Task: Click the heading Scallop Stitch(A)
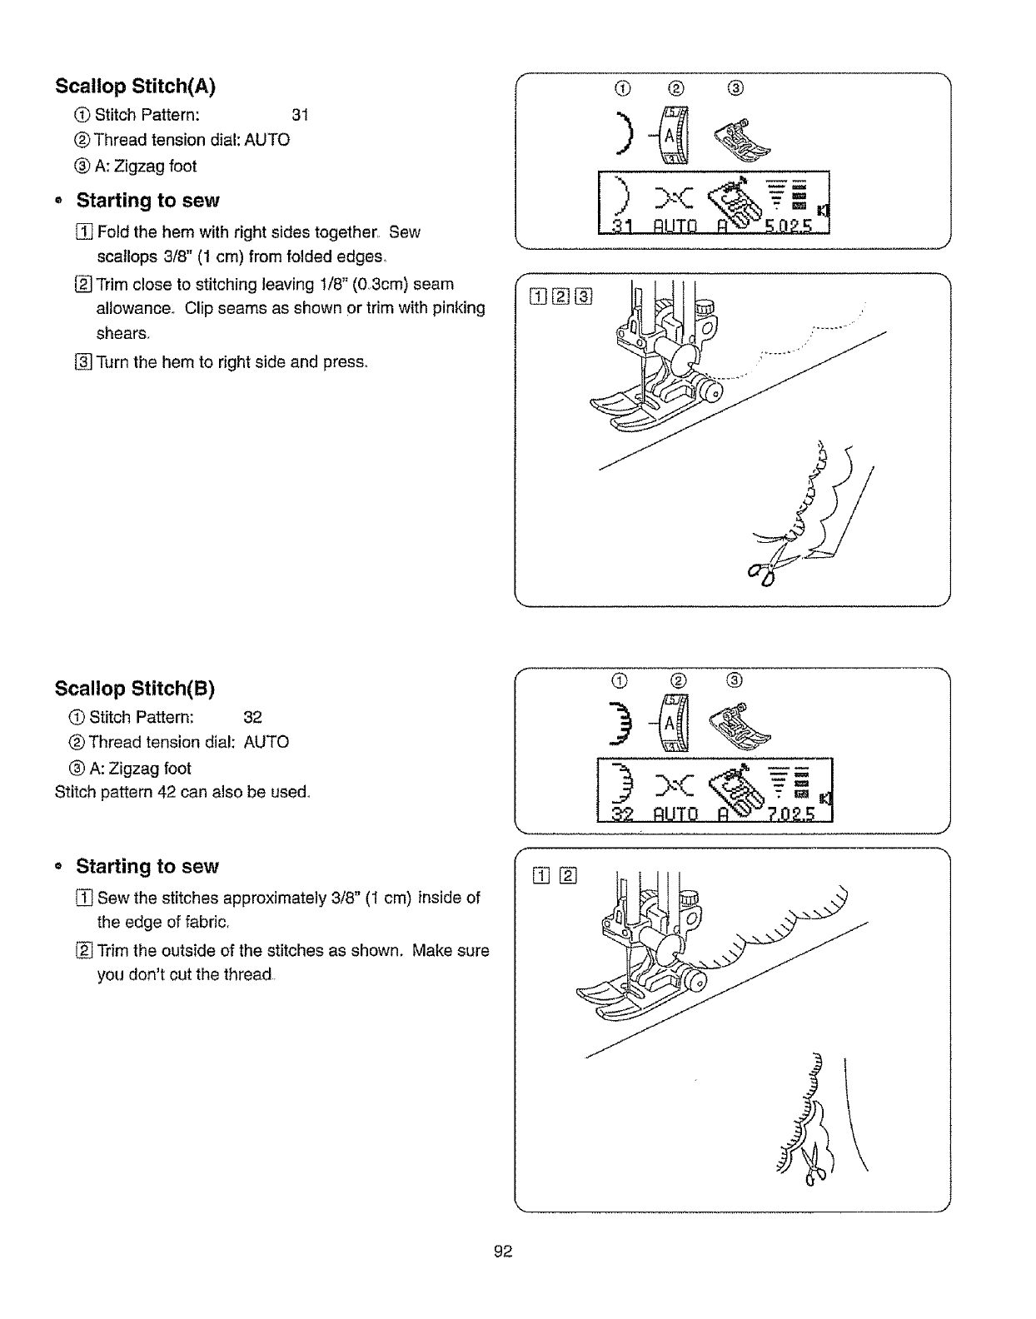click(136, 87)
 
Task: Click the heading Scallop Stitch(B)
click(135, 689)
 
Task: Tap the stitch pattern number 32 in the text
click(253, 717)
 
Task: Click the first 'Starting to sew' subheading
click(147, 201)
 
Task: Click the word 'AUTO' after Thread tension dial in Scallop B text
click(266, 742)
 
